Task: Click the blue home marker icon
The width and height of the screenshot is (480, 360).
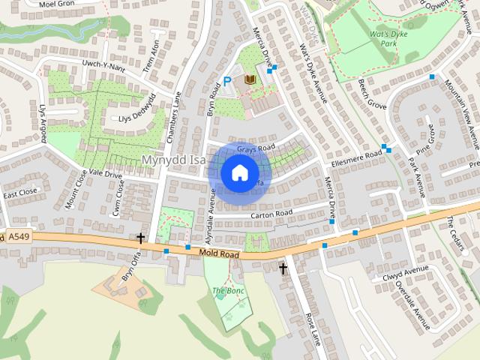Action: [238, 172]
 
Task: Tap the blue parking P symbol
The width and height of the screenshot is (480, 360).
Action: [227, 82]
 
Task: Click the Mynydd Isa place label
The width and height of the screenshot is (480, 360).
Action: [173, 160]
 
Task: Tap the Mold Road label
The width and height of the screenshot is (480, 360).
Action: [219, 255]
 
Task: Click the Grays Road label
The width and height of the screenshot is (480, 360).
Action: [256, 147]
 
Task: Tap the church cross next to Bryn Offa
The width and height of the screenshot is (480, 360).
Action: [141, 238]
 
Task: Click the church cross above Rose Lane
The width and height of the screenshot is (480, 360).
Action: [283, 268]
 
